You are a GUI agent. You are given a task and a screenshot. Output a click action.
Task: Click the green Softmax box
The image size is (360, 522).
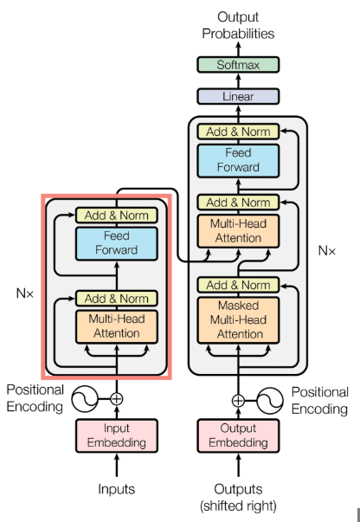click(x=238, y=65)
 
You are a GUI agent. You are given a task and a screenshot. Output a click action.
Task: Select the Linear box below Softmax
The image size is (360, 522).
click(x=238, y=96)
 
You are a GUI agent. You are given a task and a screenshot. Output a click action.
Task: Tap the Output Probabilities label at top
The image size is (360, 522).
click(x=238, y=25)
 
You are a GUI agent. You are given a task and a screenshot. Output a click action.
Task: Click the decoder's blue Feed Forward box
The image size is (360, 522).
click(x=238, y=160)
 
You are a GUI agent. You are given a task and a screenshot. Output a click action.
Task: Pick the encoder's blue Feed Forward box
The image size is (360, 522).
click(x=116, y=242)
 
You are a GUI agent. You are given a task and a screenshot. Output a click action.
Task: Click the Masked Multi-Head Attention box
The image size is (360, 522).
click(x=238, y=319)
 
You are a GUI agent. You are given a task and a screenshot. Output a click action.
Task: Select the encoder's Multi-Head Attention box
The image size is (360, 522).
click(x=116, y=325)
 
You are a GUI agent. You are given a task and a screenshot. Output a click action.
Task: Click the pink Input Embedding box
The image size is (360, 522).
click(x=116, y=436)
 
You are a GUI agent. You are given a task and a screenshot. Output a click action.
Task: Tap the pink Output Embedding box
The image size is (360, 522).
click(x=238, y=436)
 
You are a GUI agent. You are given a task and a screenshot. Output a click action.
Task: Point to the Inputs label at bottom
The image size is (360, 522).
click(x=116, y=489)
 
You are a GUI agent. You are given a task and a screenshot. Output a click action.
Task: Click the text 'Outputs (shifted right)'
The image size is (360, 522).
click(x=238, y=497)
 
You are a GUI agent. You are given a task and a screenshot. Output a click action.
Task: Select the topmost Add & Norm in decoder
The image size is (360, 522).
click(x=238, y=132)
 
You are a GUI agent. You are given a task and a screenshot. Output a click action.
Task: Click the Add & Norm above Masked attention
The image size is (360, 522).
click(x=238, y=285)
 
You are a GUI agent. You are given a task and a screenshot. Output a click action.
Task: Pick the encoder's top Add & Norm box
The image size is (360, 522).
click(x=116, y=216)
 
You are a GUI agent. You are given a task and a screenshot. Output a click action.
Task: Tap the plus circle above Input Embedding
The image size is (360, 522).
click(x=116, y=399)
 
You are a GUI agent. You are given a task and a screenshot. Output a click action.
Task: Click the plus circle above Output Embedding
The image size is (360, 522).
click(x=238, y=400)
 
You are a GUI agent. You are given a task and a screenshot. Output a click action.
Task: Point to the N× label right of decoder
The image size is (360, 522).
click(x=326, y=251)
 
